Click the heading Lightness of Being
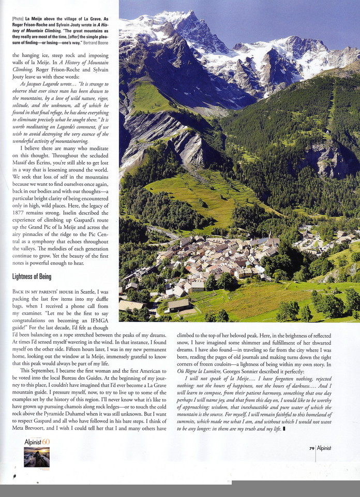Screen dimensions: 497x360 [x=32, y=276]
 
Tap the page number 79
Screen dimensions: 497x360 [x=311, y=448]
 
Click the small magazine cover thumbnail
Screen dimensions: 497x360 [x=37, y=458]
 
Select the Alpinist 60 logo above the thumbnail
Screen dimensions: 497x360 [x=37, y=442]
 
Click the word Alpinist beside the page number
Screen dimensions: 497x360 [x=327, y=448]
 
